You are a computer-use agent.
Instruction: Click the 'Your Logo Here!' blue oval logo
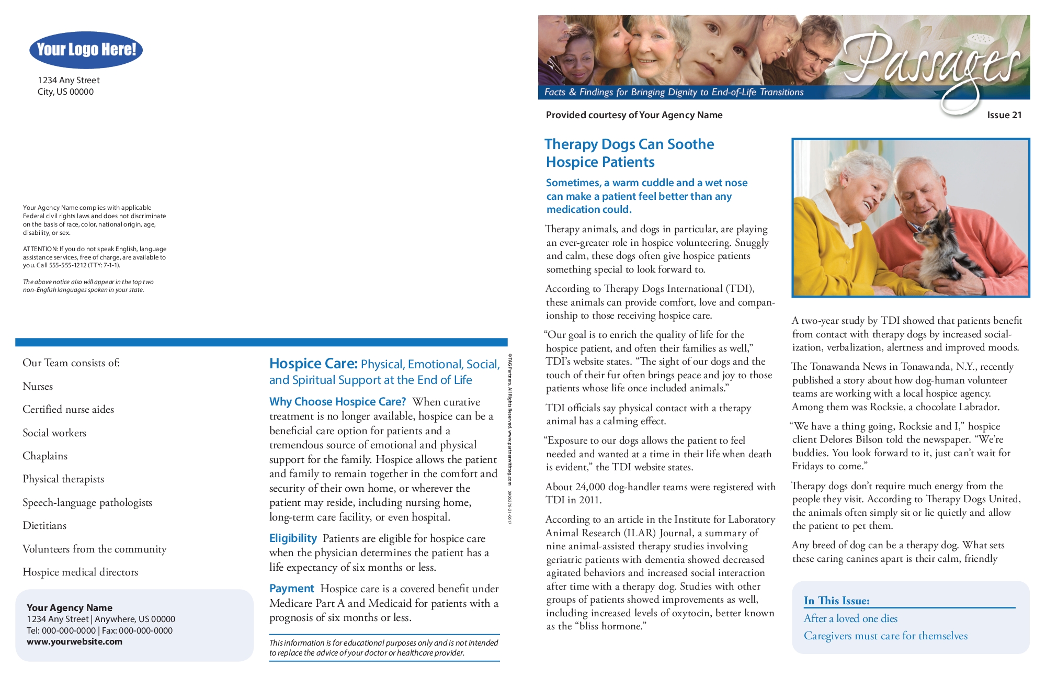tap(86, 50)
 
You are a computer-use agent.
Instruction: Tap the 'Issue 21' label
tap(1004, 115)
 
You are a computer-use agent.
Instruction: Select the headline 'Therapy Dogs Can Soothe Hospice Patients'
tap(629, 153)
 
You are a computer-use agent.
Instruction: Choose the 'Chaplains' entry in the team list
tap(45, 456)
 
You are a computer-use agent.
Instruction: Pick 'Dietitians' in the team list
tap(44, 526)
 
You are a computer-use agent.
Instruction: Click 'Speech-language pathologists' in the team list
tap(87, 503)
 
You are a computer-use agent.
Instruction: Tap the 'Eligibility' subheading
tap(293, 538)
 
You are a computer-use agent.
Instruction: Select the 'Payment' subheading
tap(291, 589)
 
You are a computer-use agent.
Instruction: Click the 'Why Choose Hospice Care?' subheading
tap(337, 402)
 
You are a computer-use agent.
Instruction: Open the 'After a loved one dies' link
tap(850, 618)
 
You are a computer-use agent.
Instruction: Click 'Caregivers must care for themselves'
tap(885, 636)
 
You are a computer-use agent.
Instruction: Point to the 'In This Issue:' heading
tap(837, 601)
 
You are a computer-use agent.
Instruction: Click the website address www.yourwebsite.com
tap(74, 642)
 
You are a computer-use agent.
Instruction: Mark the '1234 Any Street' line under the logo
tap(69, 81)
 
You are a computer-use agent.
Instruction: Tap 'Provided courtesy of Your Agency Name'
tap(634, 115)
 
